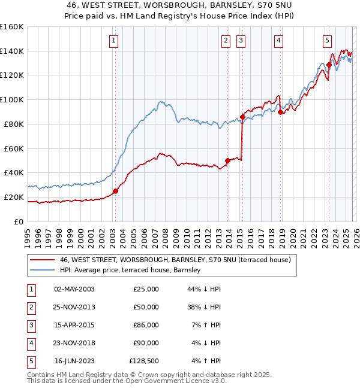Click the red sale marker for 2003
click(116, 191)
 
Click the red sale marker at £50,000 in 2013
click(228, 160)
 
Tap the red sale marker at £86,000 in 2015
click(242, 117)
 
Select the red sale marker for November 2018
click(281, 112)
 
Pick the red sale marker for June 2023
click(329, 65)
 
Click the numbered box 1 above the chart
click(113, 41)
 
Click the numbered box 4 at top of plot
click(279, 41)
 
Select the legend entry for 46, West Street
click(175, 260)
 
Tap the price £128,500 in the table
click(144, 361)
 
